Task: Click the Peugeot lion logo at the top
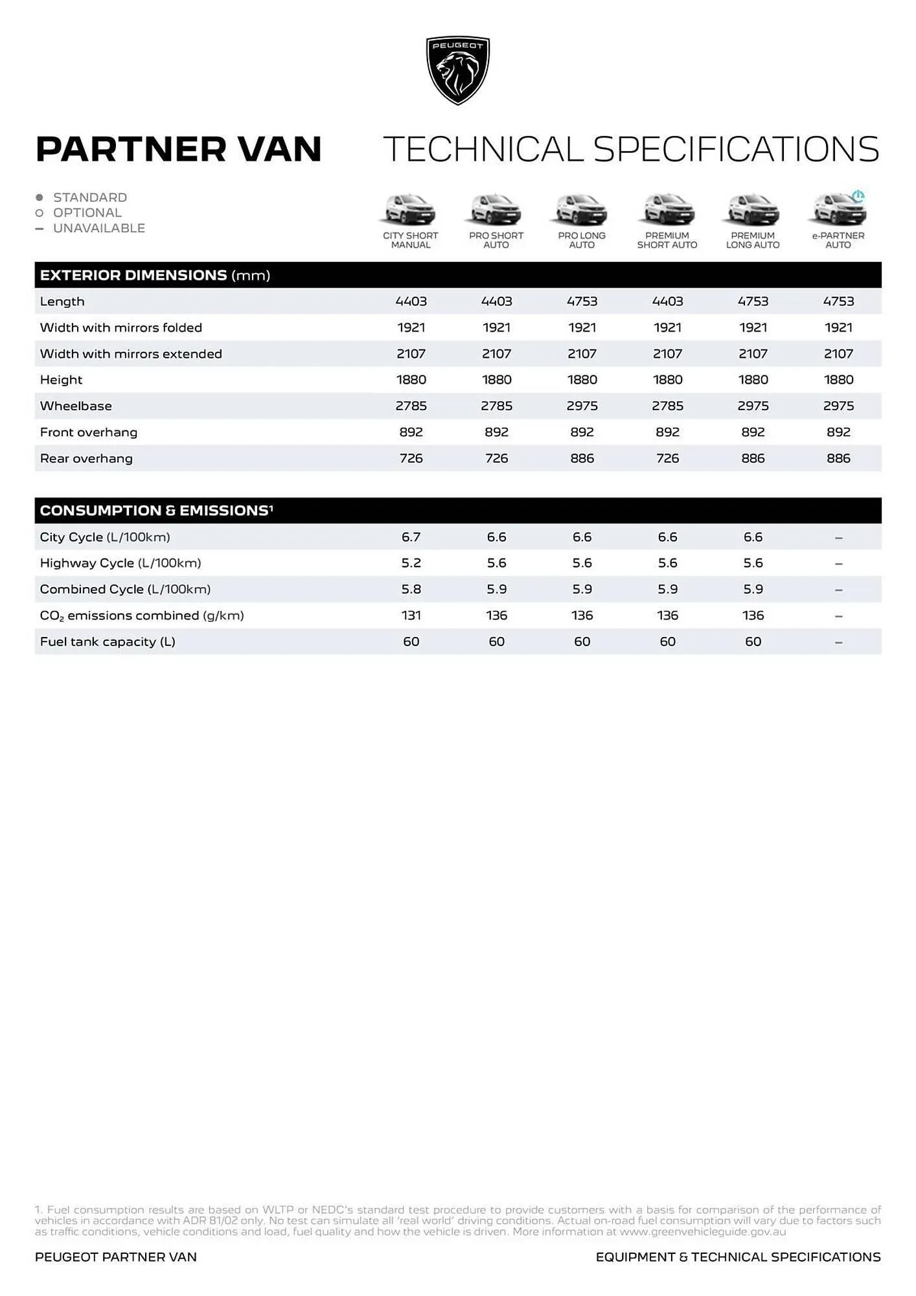pos(458,70)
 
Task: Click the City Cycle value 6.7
pos(411,537)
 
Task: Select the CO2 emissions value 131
pos(411,616)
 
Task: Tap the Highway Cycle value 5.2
pos(411,563)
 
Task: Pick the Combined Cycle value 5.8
pos(411,590)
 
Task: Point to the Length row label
pos(62,301)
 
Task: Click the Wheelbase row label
pos(76,406)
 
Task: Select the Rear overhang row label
pos(86,459)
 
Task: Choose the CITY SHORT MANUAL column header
pos(411,240)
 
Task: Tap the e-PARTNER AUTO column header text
pos(838,240)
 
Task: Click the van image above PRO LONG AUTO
pos(582,210)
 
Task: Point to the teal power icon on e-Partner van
pos(858,196)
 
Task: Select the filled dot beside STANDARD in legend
pos(40,197)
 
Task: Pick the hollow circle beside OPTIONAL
pos(40,213)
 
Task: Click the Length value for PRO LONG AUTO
pos(582,301)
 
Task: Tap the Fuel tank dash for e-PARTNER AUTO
pos(838,642)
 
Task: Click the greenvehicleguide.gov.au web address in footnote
pos(702,1232)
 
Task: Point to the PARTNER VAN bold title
pos(179,149)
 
